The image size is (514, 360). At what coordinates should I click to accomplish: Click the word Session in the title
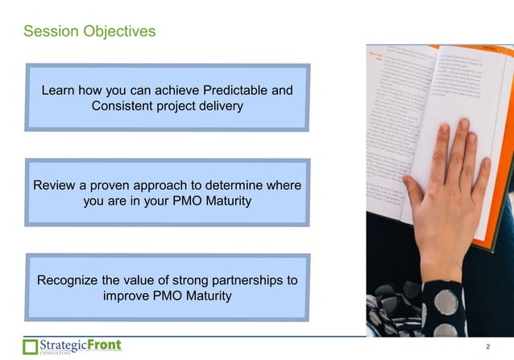click(x=49, y=31)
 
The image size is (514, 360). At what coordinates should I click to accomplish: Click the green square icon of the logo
click(x=30, y=347)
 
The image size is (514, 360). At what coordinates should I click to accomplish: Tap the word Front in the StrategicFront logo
click(x=105, y=345)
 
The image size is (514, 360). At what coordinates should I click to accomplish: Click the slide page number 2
click(x=488, y=347)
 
